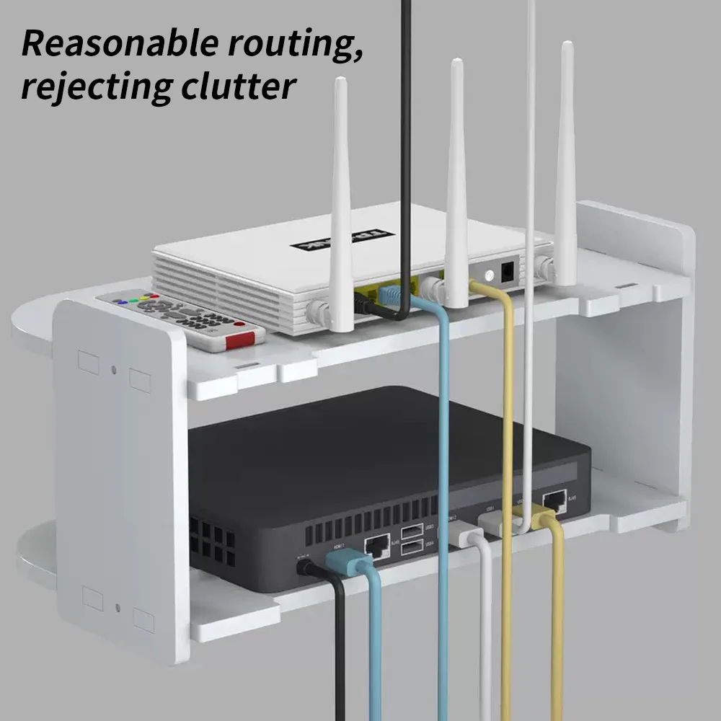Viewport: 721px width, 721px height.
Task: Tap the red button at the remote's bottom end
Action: pos(240,340)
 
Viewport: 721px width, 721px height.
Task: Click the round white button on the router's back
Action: pos(490,275)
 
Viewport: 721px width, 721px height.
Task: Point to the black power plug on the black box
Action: pos(306,567)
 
